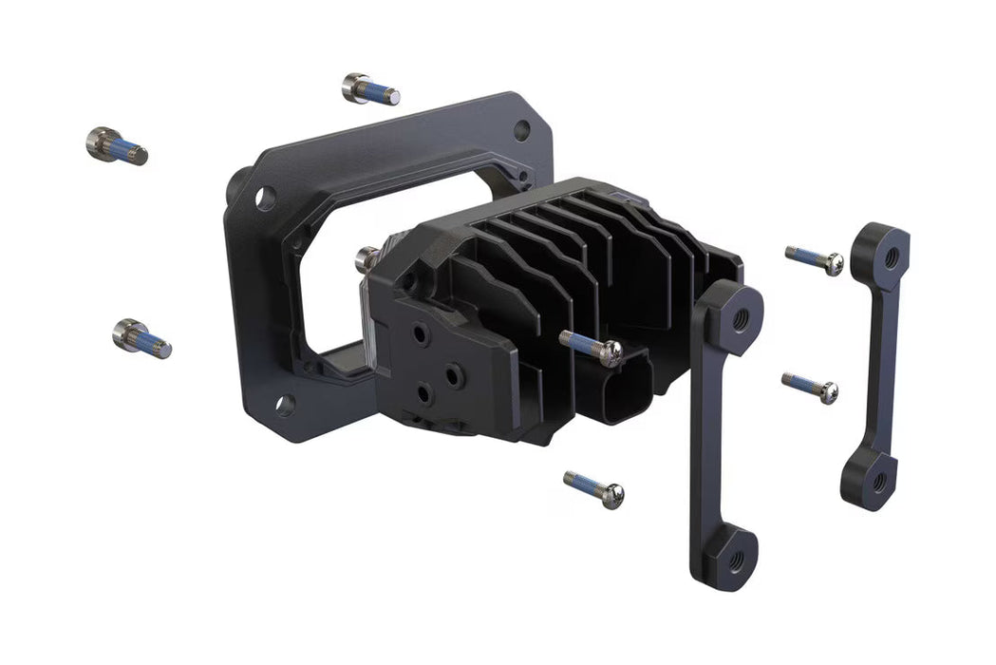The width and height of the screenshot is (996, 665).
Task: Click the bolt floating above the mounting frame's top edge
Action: [x=369, y=89]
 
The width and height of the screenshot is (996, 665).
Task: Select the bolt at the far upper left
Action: [x=116, y=145]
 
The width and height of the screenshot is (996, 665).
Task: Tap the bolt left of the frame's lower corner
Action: [x=141, y=338]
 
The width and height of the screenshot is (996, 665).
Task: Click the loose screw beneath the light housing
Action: [x=594, y=488]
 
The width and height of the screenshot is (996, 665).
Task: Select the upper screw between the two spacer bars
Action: [x=815, y=259]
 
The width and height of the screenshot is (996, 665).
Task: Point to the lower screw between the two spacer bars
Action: [x=810, y=387]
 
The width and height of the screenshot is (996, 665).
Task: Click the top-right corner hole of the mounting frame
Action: [x=521, y=130]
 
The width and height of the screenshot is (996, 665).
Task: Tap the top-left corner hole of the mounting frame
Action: [x=265, y=199]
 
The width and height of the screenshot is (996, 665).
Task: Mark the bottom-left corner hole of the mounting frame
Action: [x=284, y=406]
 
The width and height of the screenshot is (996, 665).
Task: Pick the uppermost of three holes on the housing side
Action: [x=422, y=336]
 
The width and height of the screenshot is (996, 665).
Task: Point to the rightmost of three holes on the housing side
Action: [x=455, y=376]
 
